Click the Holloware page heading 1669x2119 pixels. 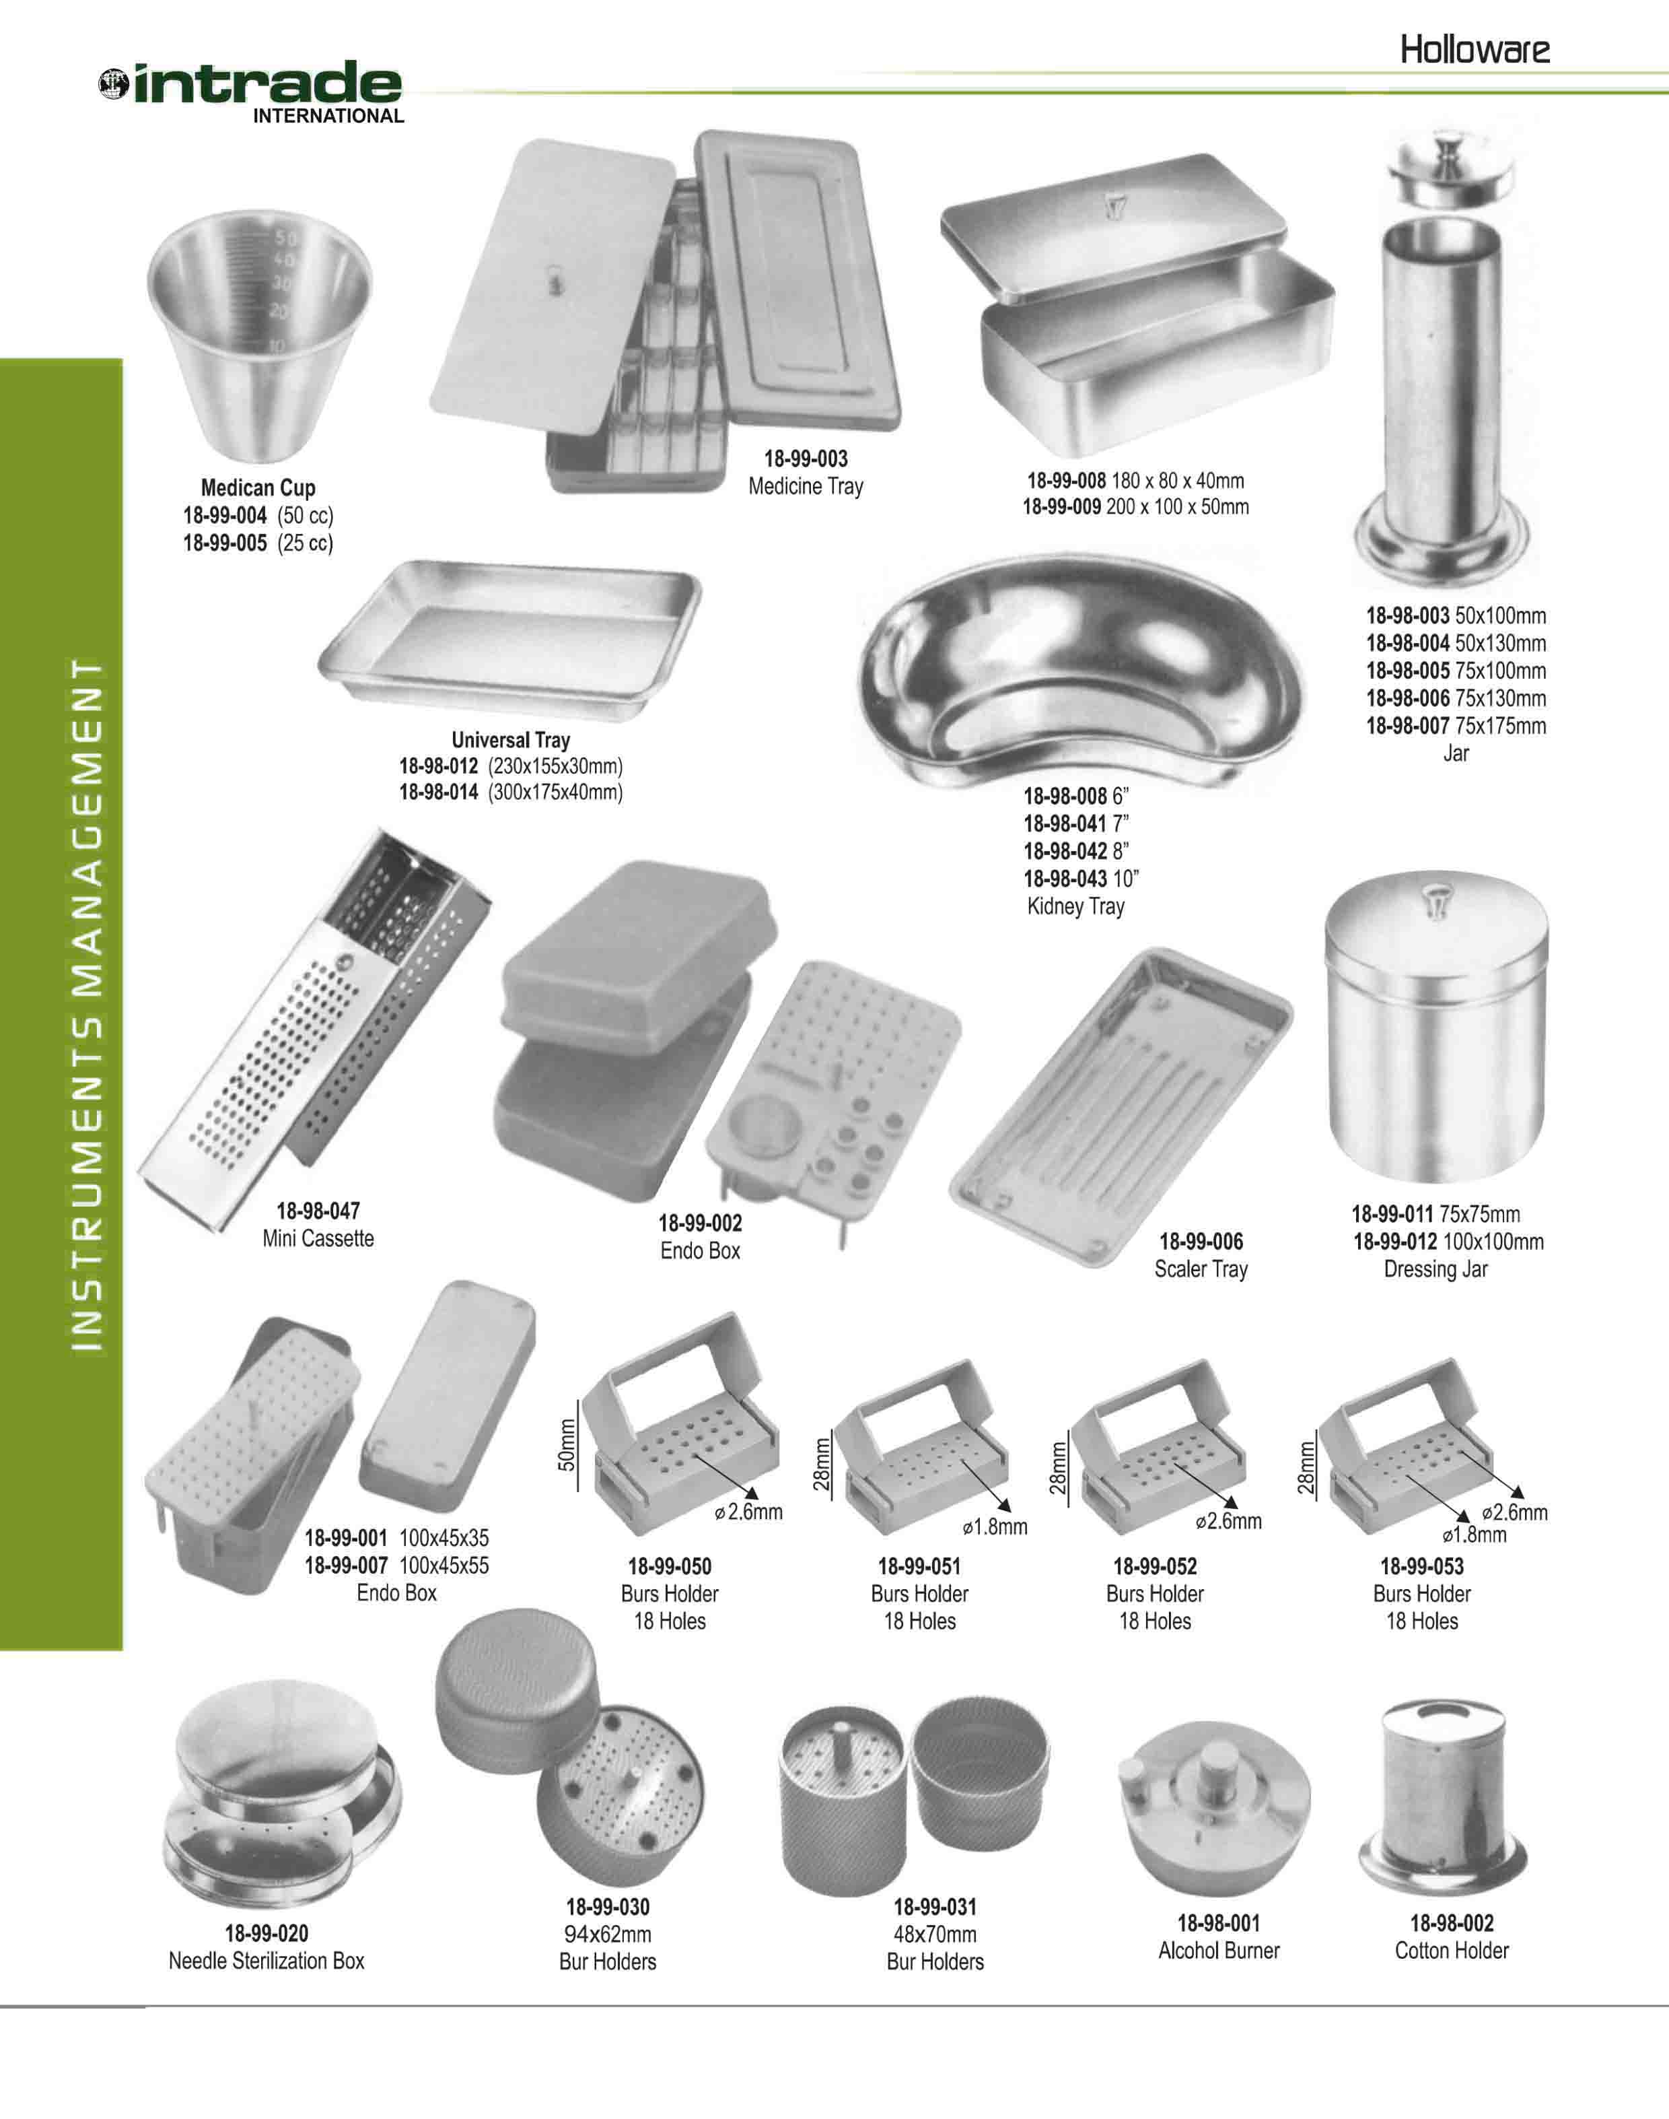pos(1475,50)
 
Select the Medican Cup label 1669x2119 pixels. pos(258,487)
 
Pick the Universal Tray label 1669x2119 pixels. pos(510,740)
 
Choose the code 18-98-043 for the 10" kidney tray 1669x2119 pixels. pos(1065,879)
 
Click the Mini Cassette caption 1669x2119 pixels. pos(318,1238)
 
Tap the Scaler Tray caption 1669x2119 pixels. pos(1201,1270)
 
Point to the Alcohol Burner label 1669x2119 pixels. pos(1219,1950)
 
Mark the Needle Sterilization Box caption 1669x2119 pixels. pos(266,1959)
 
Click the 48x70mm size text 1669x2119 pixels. pos(935,1933)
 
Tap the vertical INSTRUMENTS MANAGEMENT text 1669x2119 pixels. pos(88,1007)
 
